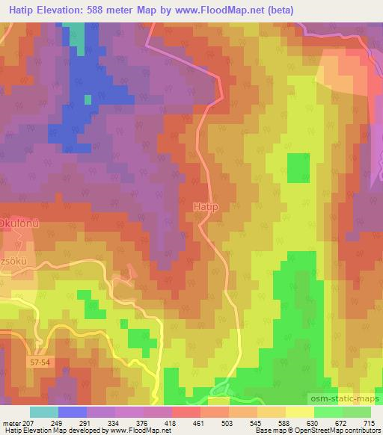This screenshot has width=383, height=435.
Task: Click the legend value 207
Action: pyautogui.click(x=30, y=423)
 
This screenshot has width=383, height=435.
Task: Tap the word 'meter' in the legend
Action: pyautogui.click(x=12, y=423)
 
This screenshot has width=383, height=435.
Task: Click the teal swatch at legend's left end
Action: pyautogui.click(x=44, y=412)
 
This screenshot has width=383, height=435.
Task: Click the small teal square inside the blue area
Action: pyautogui.click(x=88, y=99)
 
